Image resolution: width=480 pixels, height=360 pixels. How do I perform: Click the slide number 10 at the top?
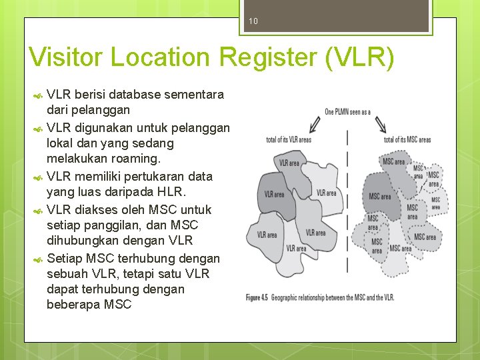pyautogui.click(x=253, y=21)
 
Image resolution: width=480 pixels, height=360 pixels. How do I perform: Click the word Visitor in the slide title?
pyautogui.click(x=67, y=58)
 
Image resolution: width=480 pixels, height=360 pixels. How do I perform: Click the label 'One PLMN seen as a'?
pyautogui.click(x=347, y=111)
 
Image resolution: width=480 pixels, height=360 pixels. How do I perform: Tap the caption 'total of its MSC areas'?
pyautogui.click(x=407, y=140)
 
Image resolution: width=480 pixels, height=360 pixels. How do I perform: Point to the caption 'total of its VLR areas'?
pyautogui.click(x=289, y=140)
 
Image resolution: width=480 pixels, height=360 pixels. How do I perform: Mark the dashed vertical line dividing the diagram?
pyautogui.click(x=347, y=200)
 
